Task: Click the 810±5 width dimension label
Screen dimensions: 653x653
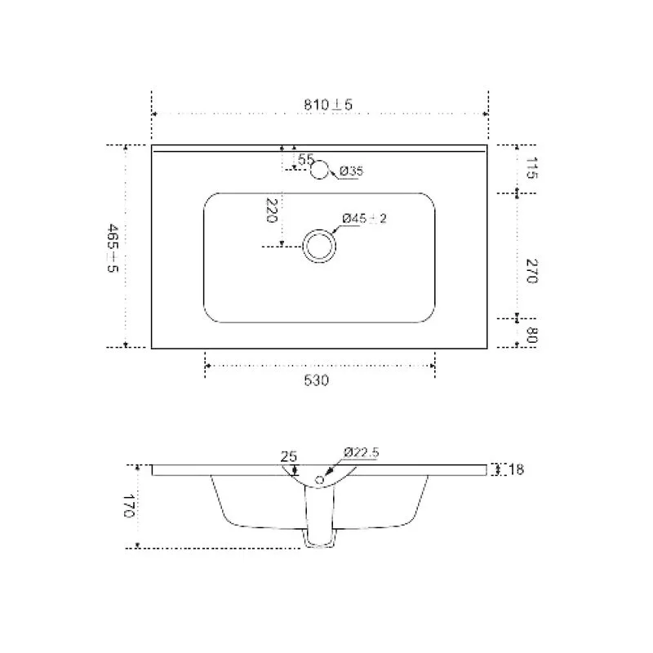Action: click(328, 104)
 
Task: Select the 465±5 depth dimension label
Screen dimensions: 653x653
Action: click(113, 248)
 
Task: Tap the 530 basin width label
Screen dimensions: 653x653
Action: click(316, 380)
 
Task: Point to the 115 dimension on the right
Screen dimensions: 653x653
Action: click(531, 168)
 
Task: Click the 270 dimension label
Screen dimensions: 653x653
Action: click(532, 271)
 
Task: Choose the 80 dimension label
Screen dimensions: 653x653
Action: click(531, 335)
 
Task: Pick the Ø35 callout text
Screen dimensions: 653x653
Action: click(351, 171)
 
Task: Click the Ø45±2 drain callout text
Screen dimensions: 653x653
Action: click(364, 218)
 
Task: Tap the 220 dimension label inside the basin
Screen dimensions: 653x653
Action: click(272, 211)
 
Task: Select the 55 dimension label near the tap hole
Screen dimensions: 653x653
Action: click(305, 158)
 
